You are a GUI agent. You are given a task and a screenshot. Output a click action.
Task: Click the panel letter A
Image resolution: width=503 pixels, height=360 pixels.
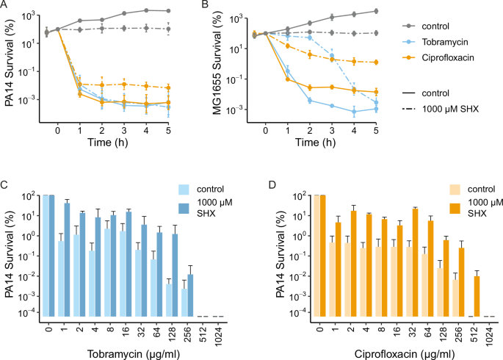(5, 6)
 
